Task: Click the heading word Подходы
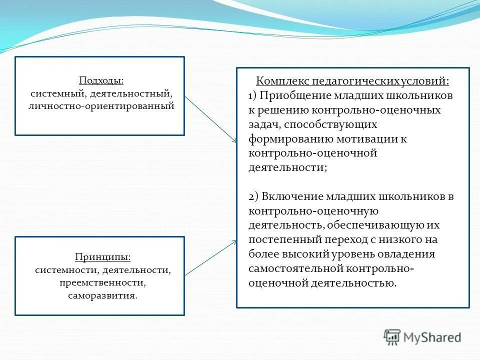tap(101, 80)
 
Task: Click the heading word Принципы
tap(103, 257)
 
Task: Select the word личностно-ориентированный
tap(101, 106)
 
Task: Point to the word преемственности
tap(102, 282)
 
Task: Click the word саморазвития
tap(102, 295)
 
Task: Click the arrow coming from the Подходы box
tap(210, 118)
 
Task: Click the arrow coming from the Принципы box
tap(210, 257)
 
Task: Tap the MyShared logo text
tap(432, 337)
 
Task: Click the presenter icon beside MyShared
tap(392, 337)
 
